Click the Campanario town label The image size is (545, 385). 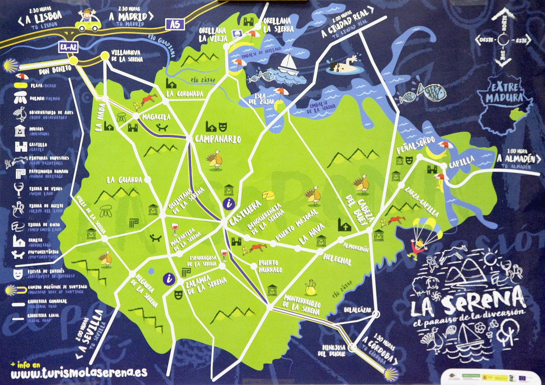(218, 139)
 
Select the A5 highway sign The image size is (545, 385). (175, 24)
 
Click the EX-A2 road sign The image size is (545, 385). (69, 47)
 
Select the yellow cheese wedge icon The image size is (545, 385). (269, 195)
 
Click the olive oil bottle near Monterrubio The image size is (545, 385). (311, 287)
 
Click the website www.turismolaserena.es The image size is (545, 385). (79, 372)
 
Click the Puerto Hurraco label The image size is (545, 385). (270, 266)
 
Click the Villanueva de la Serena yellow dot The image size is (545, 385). (105, 56)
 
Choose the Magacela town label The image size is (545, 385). (156, 117)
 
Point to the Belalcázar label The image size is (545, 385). (358, 310)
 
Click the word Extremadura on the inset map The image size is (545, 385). (504, 92)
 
